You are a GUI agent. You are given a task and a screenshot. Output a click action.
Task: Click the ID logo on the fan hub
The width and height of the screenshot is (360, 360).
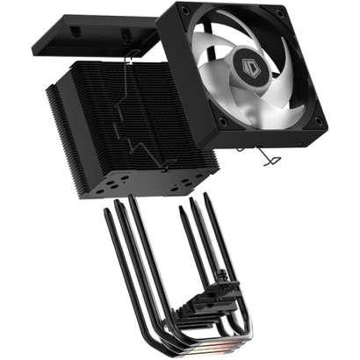[263, 77]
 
